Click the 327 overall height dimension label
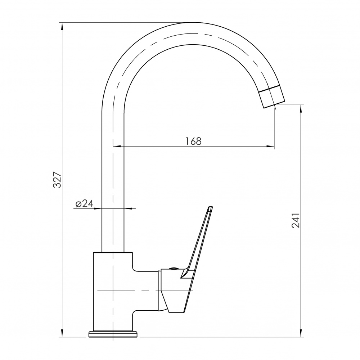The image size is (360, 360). click(57, 180)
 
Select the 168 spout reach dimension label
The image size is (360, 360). click(193, 141)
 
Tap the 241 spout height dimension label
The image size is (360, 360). click(296, 220)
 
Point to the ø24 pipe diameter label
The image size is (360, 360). click(85, 203)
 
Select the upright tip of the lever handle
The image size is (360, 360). click(210, 208)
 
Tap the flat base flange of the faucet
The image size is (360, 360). click(113, 334)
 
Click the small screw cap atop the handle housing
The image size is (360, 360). click(173, 268)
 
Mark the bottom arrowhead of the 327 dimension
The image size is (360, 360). click(62, 333)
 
